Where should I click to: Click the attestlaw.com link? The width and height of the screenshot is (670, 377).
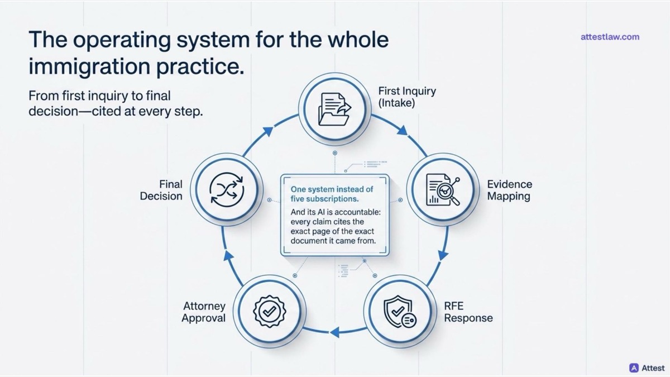pos(610,37)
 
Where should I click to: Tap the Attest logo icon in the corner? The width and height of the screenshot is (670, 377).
pos(634,368)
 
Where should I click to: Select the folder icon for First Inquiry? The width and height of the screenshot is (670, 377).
pos(334,109)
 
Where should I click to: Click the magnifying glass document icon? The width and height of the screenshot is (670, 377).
pos(443,190)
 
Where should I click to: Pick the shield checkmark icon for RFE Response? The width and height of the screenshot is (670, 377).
pos(400,312)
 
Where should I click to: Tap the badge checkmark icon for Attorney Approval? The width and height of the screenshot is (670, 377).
pos(270,312)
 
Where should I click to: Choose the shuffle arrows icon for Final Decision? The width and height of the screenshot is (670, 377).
pos(227,190)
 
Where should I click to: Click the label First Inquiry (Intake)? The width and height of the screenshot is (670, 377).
pos(407,97)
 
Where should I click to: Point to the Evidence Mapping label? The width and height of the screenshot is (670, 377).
pos(510,190)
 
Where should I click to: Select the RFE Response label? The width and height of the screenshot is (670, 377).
pos(468,312)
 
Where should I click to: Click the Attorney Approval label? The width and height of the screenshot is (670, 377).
pos(204,312)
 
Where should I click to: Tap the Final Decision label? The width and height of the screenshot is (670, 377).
pos(161,190)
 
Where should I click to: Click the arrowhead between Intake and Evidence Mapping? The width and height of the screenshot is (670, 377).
pos(403,131)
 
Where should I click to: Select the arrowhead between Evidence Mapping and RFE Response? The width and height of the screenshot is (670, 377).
pos(443,255)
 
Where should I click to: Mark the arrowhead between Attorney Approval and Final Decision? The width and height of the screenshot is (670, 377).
pos(228,255)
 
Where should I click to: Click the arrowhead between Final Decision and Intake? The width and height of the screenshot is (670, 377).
pos(268,131)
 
